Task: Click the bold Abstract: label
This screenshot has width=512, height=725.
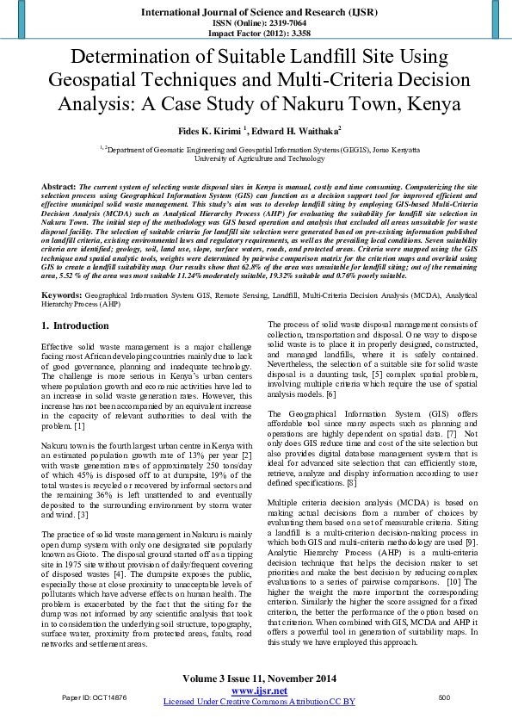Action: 59,186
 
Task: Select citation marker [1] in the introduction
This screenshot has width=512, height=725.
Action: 79,426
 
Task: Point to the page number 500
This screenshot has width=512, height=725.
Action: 444,697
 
